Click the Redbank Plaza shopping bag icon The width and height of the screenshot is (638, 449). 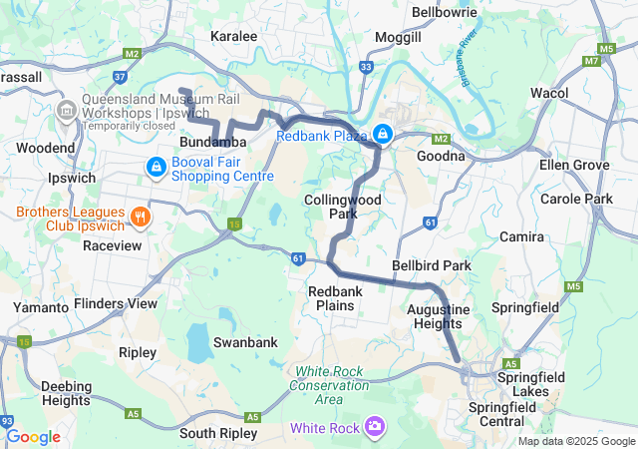click(x=383, y=134)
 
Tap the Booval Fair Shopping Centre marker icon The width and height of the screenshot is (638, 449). click(x=157, y=167)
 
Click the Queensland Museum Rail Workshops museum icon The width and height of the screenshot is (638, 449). click(x=68, y=107)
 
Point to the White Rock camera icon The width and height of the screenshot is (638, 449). click(x=375, y=427)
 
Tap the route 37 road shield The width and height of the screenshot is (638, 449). click(x=121, y=75)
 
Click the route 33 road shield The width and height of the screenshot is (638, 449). click(x=366, y=67)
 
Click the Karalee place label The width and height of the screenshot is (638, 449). click(x=234, y=36)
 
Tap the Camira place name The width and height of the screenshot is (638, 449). click(x=522, y=236)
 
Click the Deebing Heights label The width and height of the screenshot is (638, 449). click(x=67, y=393)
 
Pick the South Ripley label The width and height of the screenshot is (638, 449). click(x=218, y=433)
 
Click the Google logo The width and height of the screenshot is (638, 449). click(x=33, y=437)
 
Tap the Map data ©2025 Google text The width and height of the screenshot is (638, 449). click(x=575, y=441)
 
